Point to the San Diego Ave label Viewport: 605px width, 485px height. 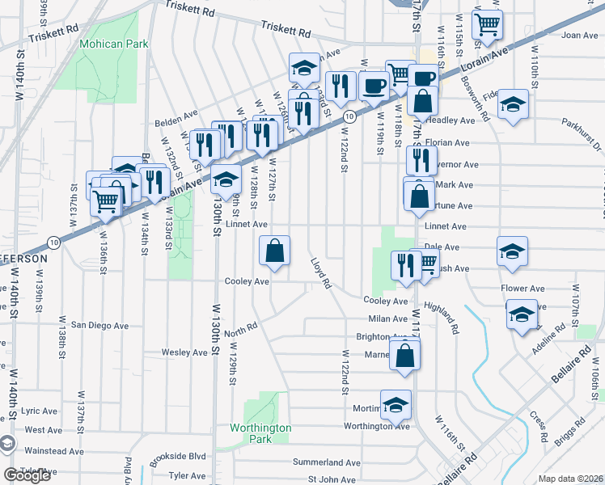[100, 325]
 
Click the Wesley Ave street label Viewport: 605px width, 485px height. [184, 352]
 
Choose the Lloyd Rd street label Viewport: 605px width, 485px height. [321, 273]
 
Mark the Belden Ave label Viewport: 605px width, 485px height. [176, 124]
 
